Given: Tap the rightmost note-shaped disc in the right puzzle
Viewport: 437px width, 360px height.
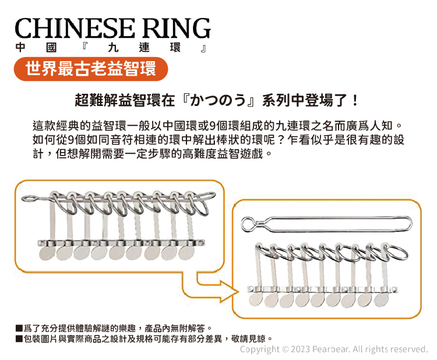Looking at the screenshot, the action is click(x=381, y=298).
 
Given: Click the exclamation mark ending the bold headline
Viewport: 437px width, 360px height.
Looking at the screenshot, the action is click(x=355, y=100).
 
